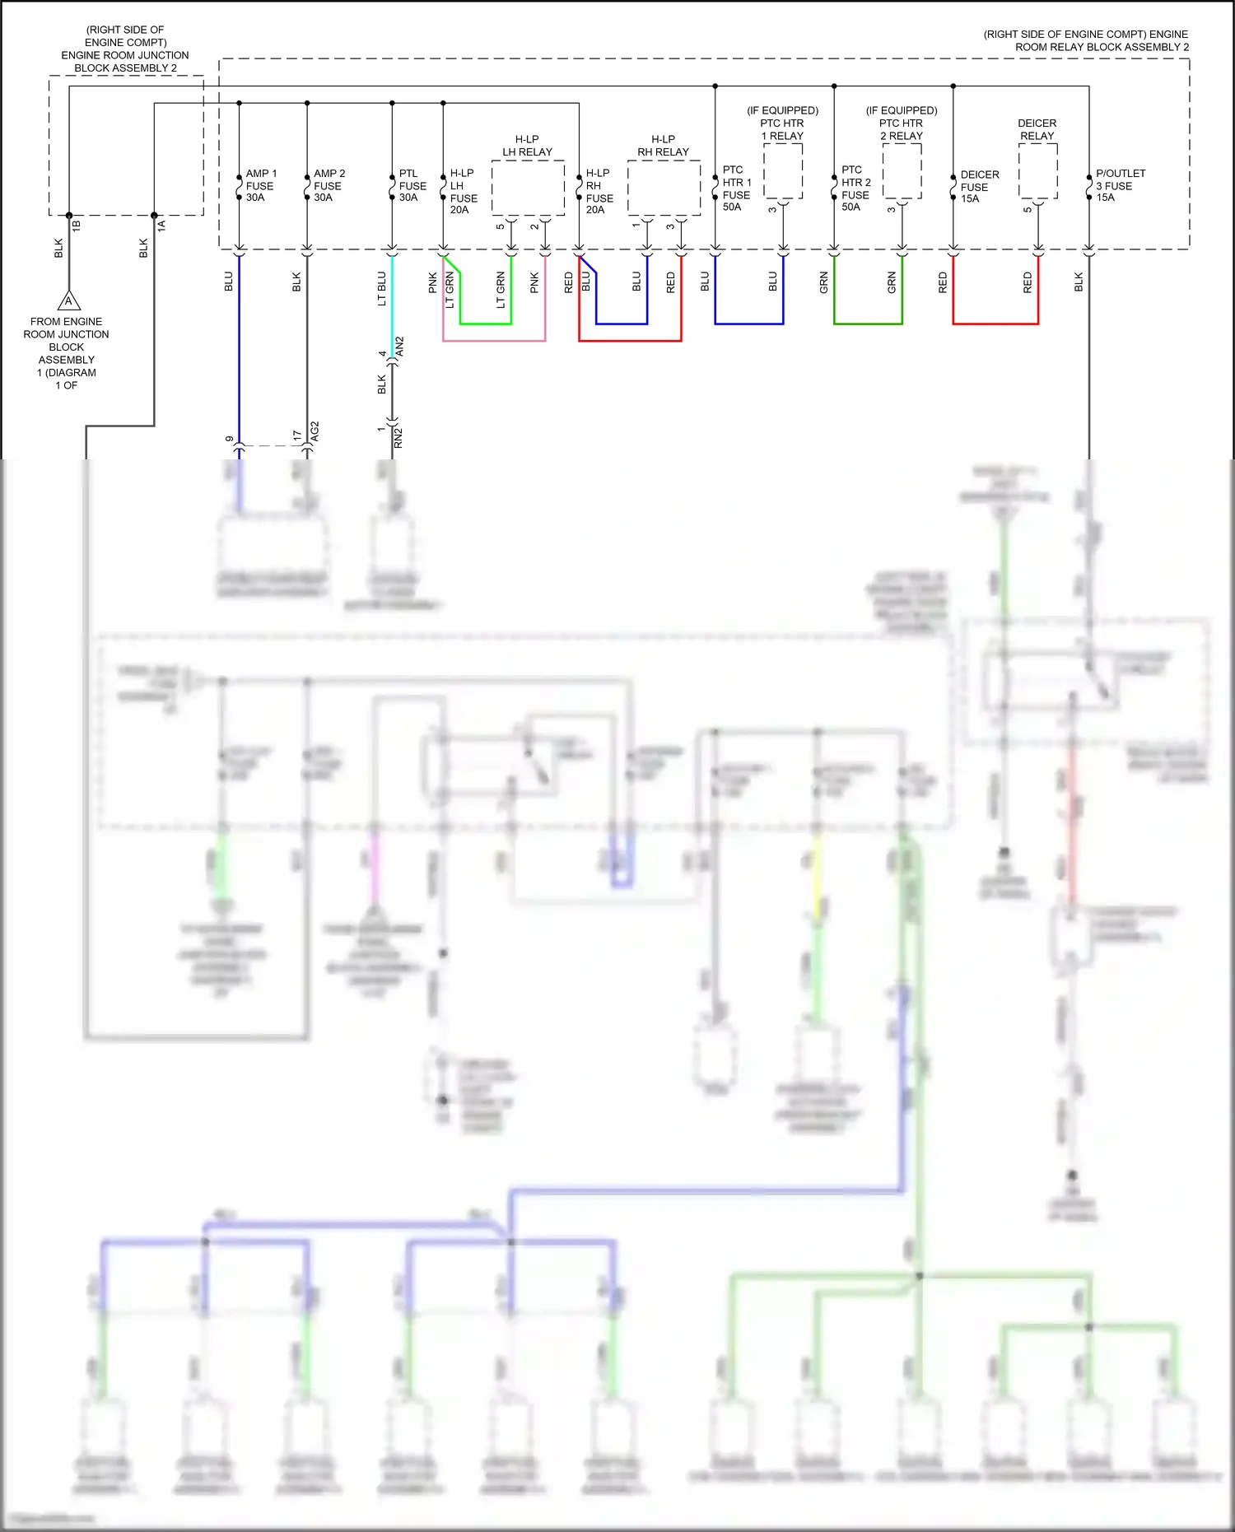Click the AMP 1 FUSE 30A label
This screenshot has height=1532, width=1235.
point(260,186)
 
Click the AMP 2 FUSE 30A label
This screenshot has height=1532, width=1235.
point(329,186)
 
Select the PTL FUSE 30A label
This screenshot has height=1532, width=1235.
point(412,186)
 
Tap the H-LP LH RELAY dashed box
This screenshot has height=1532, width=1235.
point(528,188)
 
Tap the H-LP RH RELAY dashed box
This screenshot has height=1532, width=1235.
point(664,188)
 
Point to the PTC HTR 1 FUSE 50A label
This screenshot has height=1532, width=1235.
point(736,189)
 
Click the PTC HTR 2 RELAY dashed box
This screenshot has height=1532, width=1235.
point(902,171)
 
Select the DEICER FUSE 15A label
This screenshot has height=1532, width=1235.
point(979,187)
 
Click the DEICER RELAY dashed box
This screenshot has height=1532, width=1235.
point(1037,171)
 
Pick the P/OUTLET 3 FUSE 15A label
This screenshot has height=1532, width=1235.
point(1120,186)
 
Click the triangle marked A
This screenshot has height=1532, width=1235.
point(68,301)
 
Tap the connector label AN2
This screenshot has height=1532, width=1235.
point(400,347)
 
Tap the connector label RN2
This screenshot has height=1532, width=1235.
point(398,438)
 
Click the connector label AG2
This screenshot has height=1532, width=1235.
point(315,432)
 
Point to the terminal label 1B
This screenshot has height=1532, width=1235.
point(77,225)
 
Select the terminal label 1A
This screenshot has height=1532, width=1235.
point(161,225)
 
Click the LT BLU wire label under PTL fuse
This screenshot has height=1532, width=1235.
point(381,289)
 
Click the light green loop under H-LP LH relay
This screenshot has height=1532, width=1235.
point(485,324)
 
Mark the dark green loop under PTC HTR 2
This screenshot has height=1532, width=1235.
point(868,324)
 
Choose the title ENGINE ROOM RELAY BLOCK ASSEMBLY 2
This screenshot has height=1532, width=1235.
point(1085,40)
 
